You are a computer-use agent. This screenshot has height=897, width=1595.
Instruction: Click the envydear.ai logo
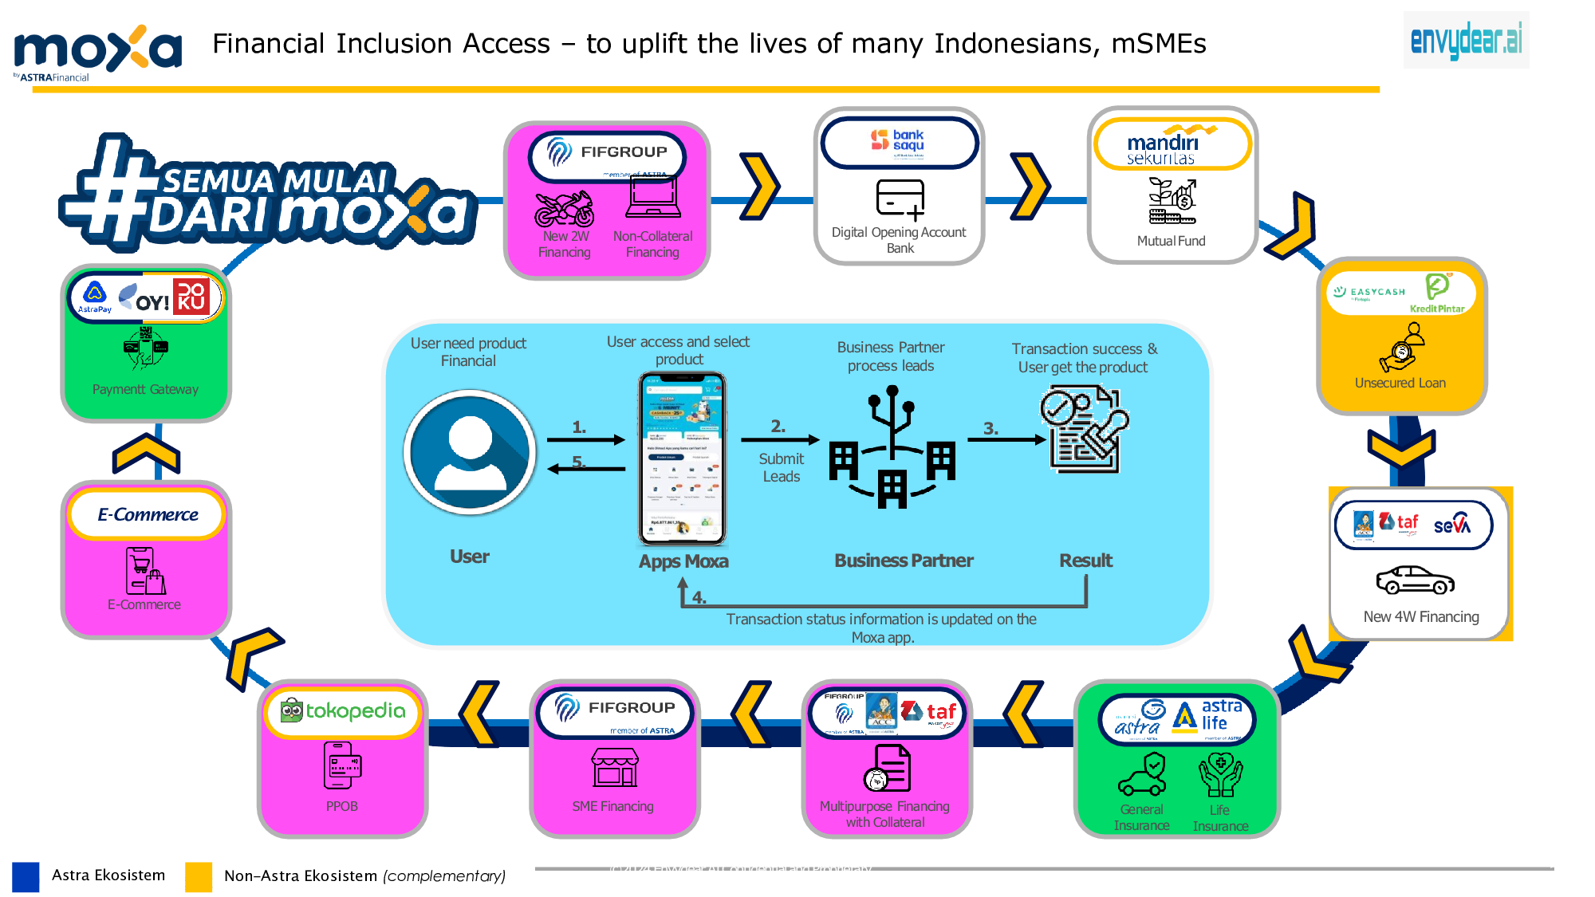click(1466, 40)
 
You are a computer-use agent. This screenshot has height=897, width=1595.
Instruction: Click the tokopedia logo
click(344, 710)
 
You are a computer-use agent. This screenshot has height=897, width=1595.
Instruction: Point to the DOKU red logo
click(191, 296)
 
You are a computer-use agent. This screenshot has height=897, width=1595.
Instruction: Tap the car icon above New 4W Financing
click(1416, 580)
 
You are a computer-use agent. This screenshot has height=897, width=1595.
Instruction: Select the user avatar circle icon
click(471, 452)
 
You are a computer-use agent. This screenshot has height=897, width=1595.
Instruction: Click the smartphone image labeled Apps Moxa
click(683, 458)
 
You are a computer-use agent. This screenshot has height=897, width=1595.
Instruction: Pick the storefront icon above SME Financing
click(614, 767)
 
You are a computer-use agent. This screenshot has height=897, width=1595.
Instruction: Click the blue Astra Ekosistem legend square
click(26, 875)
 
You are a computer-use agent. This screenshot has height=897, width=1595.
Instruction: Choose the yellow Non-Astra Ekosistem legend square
click(199, 876)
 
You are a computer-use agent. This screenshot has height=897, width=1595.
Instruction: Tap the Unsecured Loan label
click(1400, 384)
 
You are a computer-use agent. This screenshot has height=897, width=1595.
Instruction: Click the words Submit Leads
click(782, 468)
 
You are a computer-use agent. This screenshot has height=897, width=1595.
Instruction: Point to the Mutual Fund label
click(1171, 241)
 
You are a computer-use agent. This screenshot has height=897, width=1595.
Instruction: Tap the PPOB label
click(341, 807)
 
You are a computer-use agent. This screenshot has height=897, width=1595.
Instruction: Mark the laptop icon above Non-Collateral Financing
click(653, 197)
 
